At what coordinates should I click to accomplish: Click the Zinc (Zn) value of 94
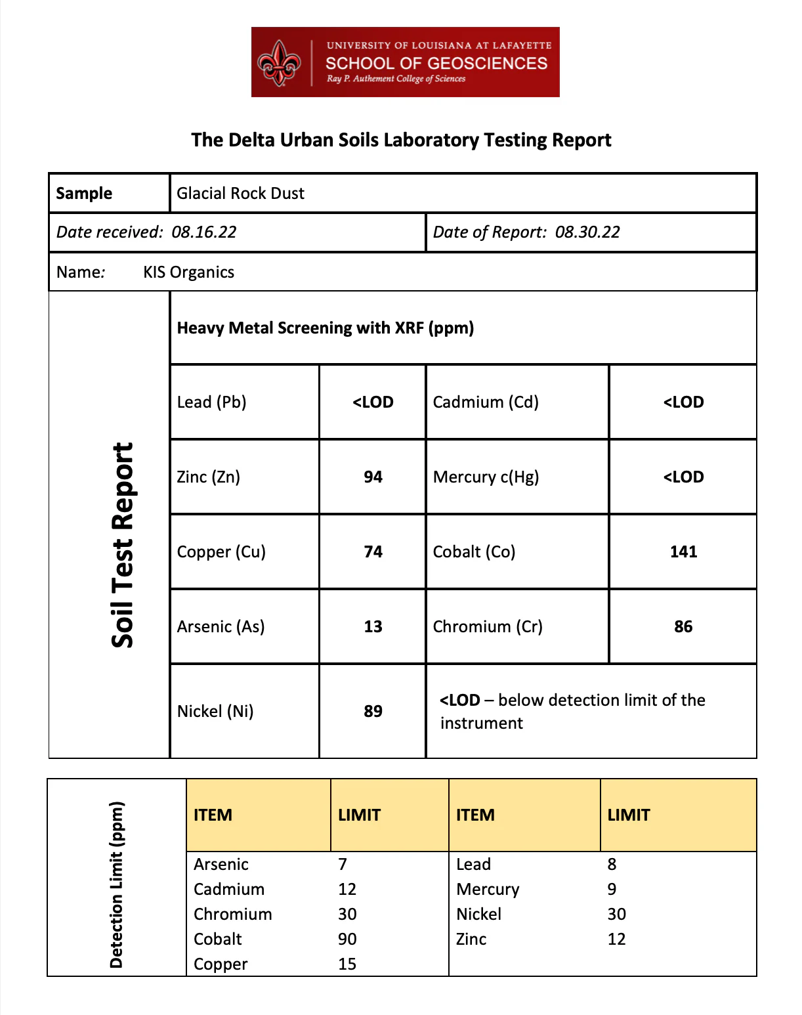tap(373, 477)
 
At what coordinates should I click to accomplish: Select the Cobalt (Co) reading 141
tap(683, 552)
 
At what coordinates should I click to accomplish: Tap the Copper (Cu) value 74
tap(373, 552)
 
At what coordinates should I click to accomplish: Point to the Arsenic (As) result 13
tap(373, 627)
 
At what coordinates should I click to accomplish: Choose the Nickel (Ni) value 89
tap(373, 712)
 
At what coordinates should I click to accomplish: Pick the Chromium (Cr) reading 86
tap(683, 627)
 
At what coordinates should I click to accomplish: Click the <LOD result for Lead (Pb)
tap(373, 402)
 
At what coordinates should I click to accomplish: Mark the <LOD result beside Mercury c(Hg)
tap(683, 477)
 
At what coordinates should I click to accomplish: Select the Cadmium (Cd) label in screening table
tap(486, 402)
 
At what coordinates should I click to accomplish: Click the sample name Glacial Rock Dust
tap(240, 194)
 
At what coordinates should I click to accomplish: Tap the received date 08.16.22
tap(203, 232)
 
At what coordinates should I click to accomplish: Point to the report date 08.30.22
tap(587, 232)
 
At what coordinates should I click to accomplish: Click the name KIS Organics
tap(188, 272)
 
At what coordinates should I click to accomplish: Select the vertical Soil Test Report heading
tap(123, 545)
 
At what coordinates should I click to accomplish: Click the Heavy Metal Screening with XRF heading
tap(326, 328)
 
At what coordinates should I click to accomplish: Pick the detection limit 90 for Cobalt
tap(347, 939)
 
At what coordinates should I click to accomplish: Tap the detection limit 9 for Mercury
tap(612, 890)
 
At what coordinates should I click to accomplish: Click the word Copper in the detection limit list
tap(221, 964)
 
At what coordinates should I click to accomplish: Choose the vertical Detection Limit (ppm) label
tap(117, 884)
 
